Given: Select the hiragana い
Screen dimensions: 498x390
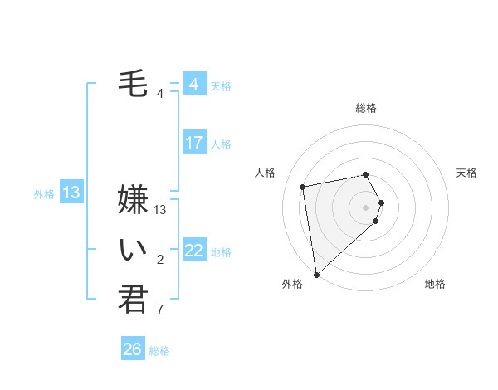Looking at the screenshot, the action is point(133,249).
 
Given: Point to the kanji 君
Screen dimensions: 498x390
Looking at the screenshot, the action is point(133,299).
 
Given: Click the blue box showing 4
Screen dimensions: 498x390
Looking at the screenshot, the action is point(193,85).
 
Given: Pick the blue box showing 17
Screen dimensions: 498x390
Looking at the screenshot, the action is point(193,143).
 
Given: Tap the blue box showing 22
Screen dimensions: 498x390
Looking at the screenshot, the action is point(193,251).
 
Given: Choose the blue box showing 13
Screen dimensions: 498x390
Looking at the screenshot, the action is point(71,193).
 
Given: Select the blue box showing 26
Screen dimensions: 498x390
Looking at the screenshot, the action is point(132,349).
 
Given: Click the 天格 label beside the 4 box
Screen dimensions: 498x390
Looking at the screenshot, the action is point(221,86).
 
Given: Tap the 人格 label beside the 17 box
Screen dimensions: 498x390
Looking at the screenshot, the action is point(221,144).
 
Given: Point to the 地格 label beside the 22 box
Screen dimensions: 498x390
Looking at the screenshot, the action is point(221,252).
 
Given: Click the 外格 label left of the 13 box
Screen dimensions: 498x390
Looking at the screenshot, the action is point(44,194).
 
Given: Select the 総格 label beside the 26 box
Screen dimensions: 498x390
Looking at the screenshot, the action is point(159,351).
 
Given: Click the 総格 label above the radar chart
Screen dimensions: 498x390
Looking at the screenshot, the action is point(365,108).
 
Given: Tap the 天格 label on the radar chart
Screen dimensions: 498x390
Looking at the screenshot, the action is point(467,173).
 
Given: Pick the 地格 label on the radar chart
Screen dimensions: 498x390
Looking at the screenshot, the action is point(435,284).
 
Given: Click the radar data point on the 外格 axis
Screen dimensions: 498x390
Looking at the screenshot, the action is point(316,275).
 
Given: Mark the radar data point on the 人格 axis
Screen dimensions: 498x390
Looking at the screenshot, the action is point(303,186).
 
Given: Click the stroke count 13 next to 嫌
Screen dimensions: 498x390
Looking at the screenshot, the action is point(161,210).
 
